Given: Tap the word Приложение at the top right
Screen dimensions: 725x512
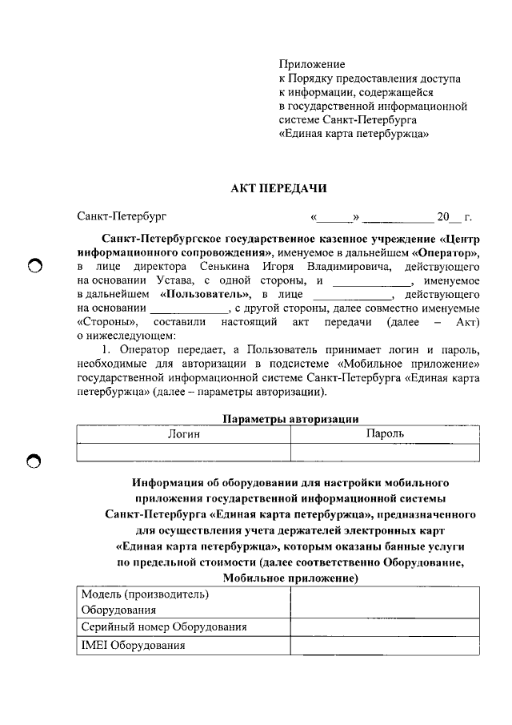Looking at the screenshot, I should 312,63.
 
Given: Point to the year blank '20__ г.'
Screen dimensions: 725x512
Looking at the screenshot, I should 454,216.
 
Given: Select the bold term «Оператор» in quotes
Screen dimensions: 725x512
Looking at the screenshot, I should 446,252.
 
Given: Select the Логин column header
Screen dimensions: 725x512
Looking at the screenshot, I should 183,433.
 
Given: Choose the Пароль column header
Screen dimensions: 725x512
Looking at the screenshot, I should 385,433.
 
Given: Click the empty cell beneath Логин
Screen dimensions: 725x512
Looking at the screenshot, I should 183,452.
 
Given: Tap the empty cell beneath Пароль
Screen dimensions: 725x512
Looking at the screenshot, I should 385,452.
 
